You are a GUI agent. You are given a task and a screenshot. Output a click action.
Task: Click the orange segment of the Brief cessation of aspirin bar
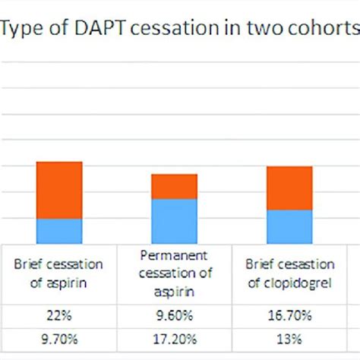point(59,190)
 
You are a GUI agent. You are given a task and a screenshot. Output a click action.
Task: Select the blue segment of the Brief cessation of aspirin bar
point(59,231)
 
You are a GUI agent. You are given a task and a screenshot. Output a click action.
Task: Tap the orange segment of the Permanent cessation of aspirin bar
point(174,186)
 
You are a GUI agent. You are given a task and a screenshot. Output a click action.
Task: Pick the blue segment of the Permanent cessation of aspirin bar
point(174,221)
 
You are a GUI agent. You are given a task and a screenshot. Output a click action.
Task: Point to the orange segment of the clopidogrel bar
point(289,188)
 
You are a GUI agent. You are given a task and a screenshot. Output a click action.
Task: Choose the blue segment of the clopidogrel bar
point(289,226)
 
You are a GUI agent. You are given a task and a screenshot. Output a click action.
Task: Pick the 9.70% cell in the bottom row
point(58,339)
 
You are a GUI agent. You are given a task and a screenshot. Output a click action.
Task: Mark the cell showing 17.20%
point(174,339)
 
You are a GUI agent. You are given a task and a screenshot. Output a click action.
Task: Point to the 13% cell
point(289,339)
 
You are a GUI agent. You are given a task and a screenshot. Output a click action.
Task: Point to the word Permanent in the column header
point(174,256)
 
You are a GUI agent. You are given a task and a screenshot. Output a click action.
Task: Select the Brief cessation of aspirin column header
point(58,273)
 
